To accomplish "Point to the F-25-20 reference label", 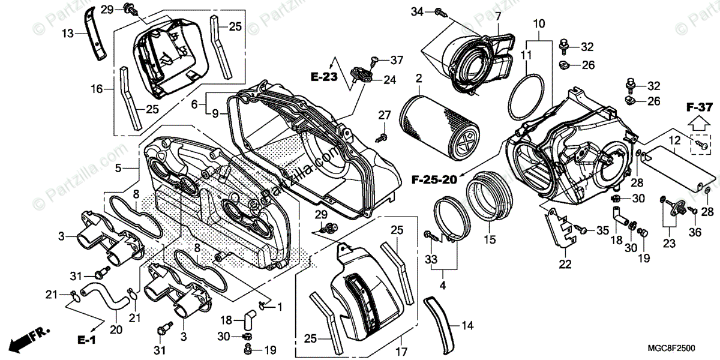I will [x=436, y=178].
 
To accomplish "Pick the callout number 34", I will [x=418, y=11].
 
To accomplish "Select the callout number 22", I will [x=565, y=263].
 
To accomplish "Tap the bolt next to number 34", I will [x=439, y=11].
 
